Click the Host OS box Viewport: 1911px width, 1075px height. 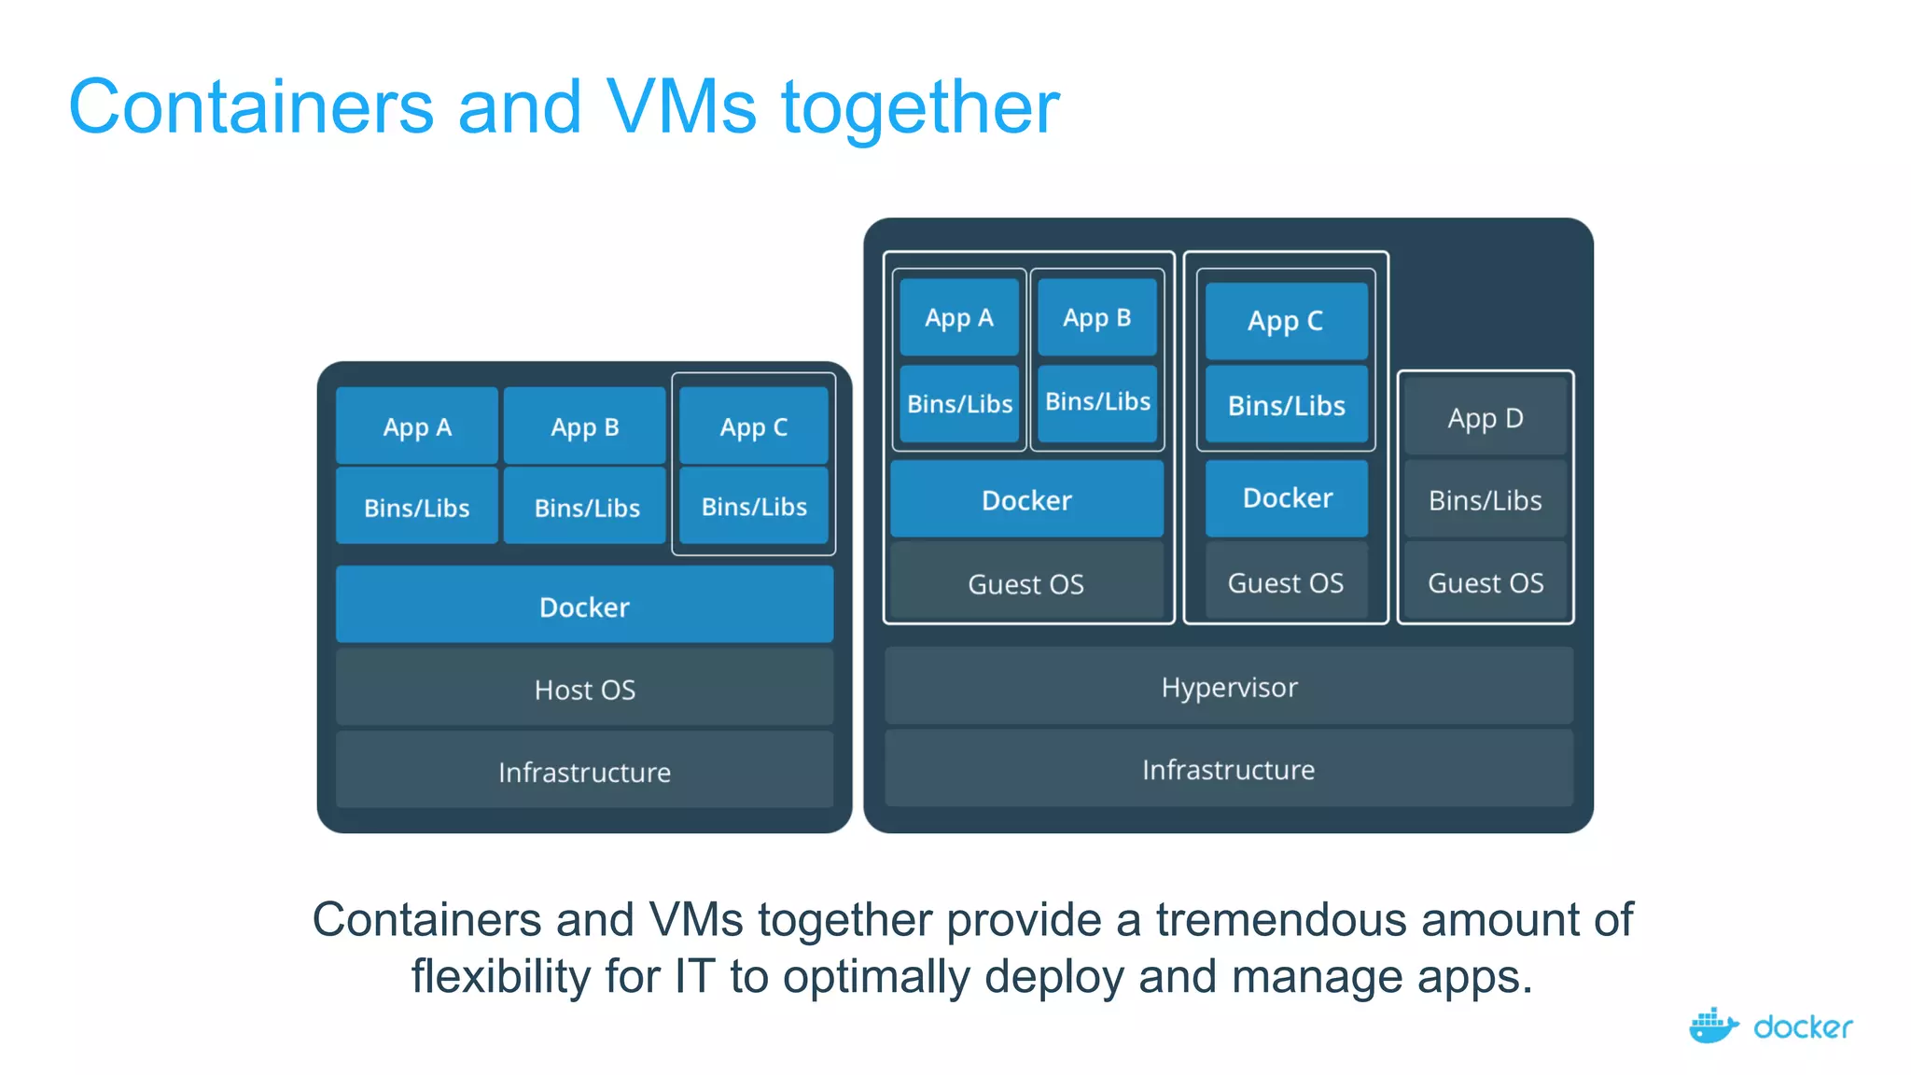tap(584, 690)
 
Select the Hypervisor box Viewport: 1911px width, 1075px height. tap(1228, 687)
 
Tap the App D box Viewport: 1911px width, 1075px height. tap(1485, 418)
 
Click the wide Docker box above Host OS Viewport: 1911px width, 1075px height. tap(584, 607)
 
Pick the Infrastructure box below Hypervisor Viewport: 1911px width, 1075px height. tap(1228, 769)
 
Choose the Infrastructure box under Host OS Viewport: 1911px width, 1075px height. tap(584, 772)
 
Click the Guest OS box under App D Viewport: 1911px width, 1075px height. tap(1485, 582)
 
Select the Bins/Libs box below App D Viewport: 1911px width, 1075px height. tap(1485, 500)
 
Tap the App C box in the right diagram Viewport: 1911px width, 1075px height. tap(1285, 321)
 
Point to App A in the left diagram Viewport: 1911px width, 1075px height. tap(416, 426)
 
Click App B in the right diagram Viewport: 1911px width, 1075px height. tap(1096, 317)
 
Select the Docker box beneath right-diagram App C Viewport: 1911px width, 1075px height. tap(1287, 497)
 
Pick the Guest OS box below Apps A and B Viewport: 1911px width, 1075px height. tap(1025, 583)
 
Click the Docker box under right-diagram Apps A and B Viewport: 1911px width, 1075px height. tap(1026, 500)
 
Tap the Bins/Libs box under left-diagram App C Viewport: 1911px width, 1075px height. tap(754, 506)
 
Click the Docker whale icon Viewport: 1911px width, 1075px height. tap(1712, 1026)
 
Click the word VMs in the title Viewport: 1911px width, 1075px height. tap(681, 106)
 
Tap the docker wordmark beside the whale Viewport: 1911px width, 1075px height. tap(1802, 1027)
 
